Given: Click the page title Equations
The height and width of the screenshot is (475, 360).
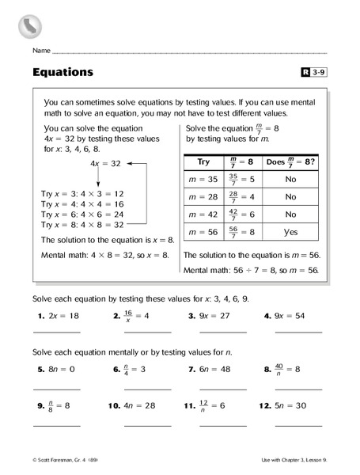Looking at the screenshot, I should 63,72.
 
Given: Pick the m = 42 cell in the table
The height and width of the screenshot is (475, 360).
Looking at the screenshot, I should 201,215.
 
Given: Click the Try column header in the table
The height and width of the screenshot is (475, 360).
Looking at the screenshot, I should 201,161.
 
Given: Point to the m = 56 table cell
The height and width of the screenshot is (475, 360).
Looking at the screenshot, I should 201,233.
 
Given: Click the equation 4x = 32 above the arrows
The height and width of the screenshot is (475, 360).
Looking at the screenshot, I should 105,163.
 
